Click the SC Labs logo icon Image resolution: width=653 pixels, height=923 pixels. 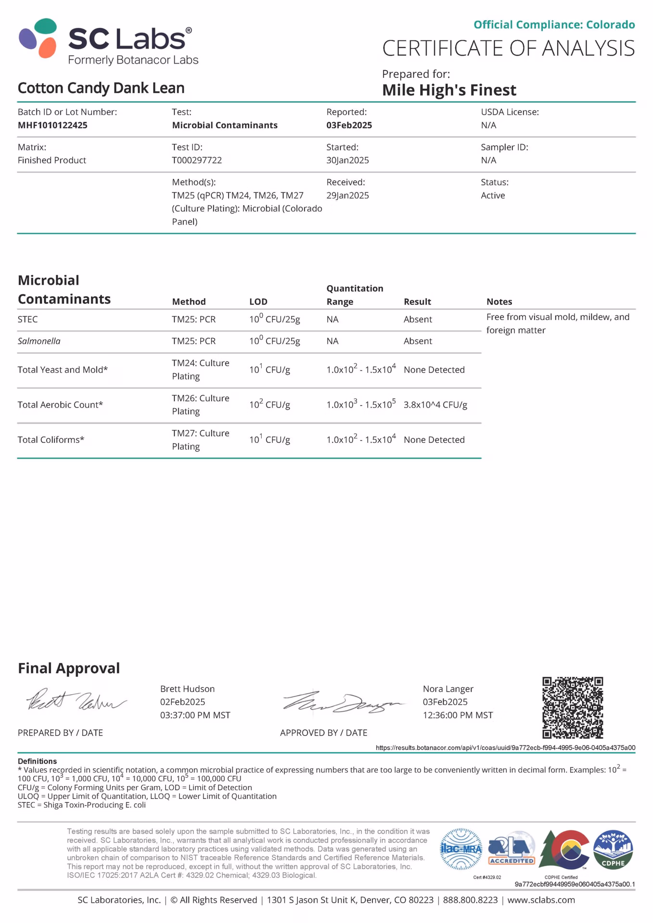click(38, 38)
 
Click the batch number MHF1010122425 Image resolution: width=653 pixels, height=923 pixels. click(52, 125)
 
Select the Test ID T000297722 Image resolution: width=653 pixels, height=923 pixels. click(197, 160)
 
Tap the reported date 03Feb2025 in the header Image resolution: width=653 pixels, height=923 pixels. click(349, 125)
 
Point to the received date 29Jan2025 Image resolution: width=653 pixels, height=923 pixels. click(347, 195)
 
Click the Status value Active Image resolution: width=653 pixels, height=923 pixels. click(493, 195)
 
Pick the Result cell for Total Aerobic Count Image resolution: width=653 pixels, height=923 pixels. click(435, 405)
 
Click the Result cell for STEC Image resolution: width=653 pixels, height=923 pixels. click(418, 319)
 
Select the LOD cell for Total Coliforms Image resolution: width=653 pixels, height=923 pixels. click(269, 440)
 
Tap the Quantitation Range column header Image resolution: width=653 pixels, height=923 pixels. click(355, 295)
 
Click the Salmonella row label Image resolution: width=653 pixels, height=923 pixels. click(39, 341)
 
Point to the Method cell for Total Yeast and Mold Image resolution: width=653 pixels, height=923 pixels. click(200, 369)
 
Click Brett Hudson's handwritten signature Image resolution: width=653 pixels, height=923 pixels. click(76, 702)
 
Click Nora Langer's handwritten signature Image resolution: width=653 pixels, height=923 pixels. click(343, 702)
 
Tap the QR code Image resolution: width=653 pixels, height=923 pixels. click(572, 707)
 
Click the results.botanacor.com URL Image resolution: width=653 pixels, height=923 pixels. click(505, 748)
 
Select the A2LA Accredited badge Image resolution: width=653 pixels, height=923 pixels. click(511, 849)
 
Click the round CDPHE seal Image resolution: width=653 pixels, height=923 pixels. click(613, 849)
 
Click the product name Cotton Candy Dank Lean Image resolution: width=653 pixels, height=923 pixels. click(101, 88)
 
